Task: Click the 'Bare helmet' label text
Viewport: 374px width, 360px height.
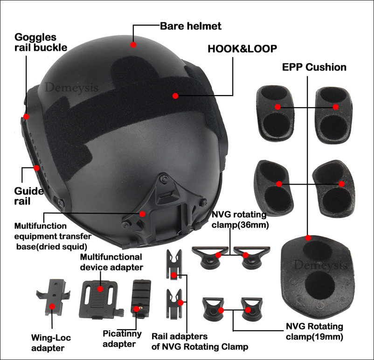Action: (191, 26)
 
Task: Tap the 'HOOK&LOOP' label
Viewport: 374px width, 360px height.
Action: (242, 48)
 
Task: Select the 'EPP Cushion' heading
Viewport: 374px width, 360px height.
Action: (314, 67)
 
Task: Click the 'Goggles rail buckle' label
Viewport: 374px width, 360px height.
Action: (40, 42)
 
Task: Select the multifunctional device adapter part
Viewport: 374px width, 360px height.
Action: (99, 295)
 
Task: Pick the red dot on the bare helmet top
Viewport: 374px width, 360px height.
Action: (133, 45)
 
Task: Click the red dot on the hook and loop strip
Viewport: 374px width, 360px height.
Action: (175, 96)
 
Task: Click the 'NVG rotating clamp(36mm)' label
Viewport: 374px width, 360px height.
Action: (239, 219)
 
